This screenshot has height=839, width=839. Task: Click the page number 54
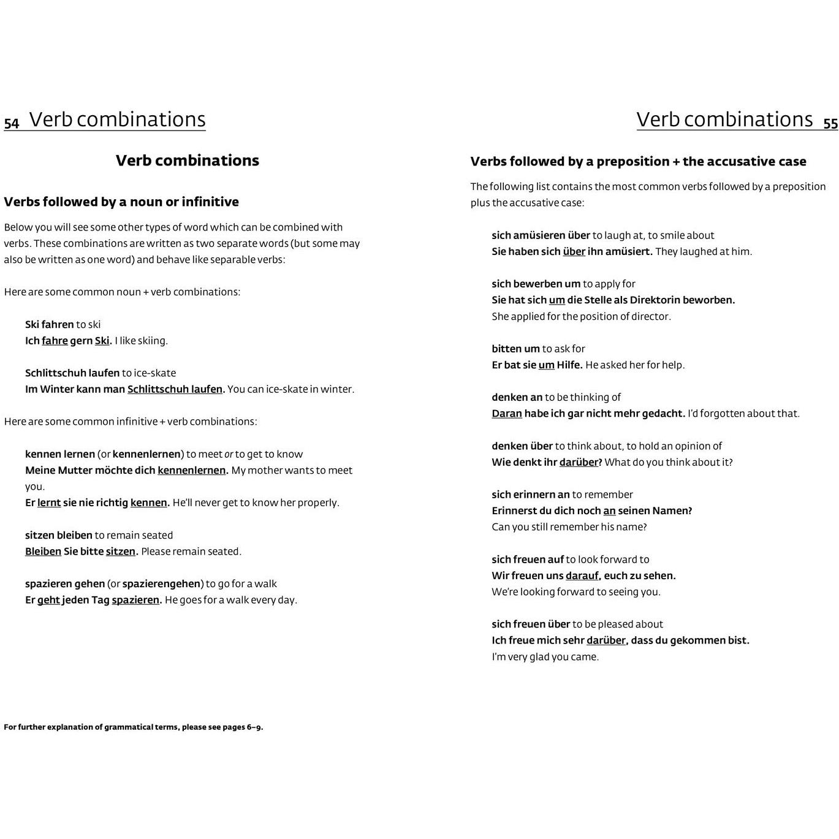(x=12, y=123)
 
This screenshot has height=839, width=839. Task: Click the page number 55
(x=830, y=123)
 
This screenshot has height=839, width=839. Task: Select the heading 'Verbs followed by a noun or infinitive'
(x=121, y=202)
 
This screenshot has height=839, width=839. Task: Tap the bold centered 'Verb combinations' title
(x=188, y=161)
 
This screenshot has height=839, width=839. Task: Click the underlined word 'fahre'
(x=55, y=341)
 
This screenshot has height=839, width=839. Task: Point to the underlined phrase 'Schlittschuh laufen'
(x=175, y=389)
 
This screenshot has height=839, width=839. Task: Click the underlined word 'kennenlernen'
(x=192, y=471)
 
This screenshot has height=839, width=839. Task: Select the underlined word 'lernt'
(x=49, y=503)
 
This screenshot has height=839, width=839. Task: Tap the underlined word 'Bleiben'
(x=43, y=552)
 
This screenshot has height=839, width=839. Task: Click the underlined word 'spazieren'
(x=135, y=600)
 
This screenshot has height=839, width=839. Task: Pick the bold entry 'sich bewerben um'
(x=536, y=284)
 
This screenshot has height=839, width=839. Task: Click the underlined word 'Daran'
(x=507, y=414)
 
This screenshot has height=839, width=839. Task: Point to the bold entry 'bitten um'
(x=515, y=349)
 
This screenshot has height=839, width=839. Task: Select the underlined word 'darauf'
(x=582, y=576)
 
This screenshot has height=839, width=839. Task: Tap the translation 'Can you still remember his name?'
(x=569, y=527)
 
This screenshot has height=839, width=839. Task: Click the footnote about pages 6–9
(x=134, y=727)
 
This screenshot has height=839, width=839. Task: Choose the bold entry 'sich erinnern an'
(x=531, y=495)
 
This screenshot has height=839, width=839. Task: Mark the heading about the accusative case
(x=638, y=162)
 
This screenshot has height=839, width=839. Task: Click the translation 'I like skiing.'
(x=141, y=341)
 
